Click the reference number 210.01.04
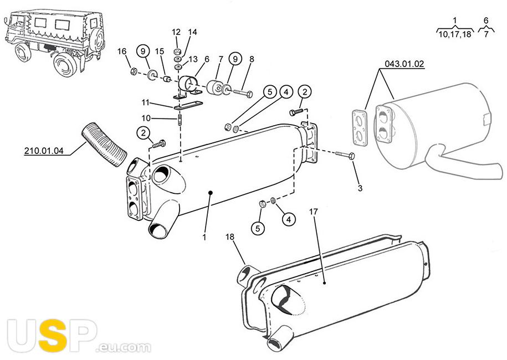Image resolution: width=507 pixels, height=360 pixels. pos(44,151)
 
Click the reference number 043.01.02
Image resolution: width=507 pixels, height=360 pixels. pos(404,64)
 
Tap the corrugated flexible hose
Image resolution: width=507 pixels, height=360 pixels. pos(104,144)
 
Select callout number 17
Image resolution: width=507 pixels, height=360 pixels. pos(313,212)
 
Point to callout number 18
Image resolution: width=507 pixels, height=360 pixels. pos(229,237)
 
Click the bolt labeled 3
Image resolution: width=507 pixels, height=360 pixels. pos(345,155)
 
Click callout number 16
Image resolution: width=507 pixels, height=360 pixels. pos(122,52)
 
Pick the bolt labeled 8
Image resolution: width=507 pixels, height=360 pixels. pos(243,94)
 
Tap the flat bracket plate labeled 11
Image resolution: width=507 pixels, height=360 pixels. pos(188,105)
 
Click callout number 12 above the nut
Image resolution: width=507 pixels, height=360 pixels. pos(176,32)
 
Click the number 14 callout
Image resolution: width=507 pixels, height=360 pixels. pos(192,32)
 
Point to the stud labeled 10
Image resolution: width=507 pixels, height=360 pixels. pos(180,119)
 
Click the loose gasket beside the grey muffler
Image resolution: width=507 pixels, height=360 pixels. pos(360,127)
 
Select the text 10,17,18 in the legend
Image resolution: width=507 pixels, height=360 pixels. pos(454,34)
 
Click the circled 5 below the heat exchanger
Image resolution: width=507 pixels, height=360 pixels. pos(258,229)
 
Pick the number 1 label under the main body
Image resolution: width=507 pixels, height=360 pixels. pos(204,237)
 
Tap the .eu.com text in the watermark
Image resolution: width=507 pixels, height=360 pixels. pos(124,347)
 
